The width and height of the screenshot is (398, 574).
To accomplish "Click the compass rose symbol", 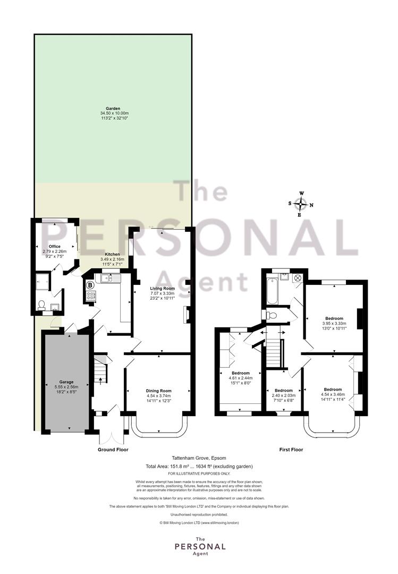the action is [301, 204].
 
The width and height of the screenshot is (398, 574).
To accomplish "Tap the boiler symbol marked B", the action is [90, 285].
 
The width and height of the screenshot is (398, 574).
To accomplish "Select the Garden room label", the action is [113, 109].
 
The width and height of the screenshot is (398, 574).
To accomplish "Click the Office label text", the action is [55, 247].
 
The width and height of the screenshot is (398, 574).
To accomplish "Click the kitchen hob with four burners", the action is [91, 296].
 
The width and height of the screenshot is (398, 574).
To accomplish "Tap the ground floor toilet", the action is [42, 305].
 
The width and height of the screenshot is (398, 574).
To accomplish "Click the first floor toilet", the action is [270, 315].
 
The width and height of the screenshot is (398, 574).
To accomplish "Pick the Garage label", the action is [66, 382].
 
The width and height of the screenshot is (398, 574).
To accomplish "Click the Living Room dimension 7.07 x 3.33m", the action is [162, 293].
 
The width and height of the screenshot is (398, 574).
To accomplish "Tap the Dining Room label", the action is [158, 391].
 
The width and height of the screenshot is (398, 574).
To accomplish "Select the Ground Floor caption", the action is [113, 450].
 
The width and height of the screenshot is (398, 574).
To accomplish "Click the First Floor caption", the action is [291, 450].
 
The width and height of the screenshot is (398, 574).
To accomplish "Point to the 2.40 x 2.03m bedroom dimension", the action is [284, 395].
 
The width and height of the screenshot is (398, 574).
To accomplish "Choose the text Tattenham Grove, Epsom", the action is [199, 458].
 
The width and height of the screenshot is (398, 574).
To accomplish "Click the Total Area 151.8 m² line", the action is [199, 467].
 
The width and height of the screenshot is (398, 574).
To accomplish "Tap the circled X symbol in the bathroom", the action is [298, 278].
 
